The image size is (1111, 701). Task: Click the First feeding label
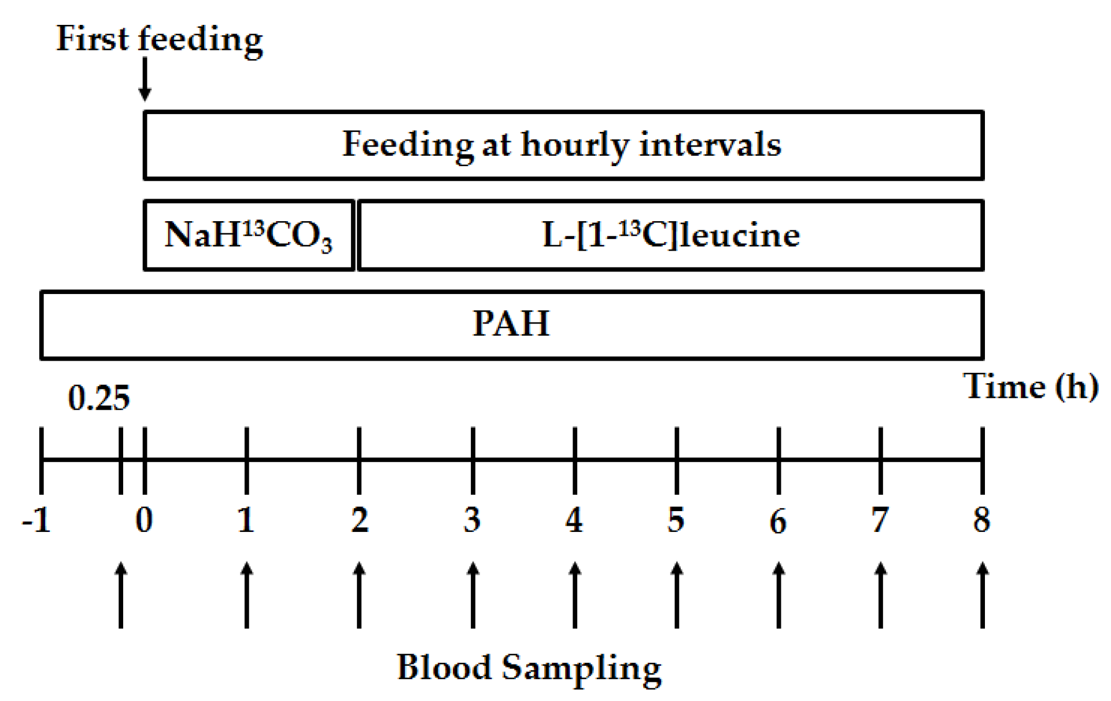[159, 39]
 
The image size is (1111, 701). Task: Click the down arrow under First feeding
[145, 79]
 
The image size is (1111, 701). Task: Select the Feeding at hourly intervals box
[563, 145]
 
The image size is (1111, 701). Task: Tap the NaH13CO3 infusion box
[249, 235]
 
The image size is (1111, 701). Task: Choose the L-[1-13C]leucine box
[670, 235]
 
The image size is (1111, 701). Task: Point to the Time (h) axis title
[1030, 386]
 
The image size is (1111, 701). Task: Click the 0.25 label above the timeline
[98, 398]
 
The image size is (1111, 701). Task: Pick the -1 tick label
[36, 520]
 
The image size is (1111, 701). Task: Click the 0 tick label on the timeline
[144, 520]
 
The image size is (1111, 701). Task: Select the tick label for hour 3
[472, 520]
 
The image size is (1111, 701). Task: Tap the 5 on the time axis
[676, 520]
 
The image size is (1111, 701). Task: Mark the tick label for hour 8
[981, 520]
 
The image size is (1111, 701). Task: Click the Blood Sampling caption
[529, 668]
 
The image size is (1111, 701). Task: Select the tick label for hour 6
[778, 521]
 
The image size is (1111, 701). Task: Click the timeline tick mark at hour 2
[359, 460]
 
